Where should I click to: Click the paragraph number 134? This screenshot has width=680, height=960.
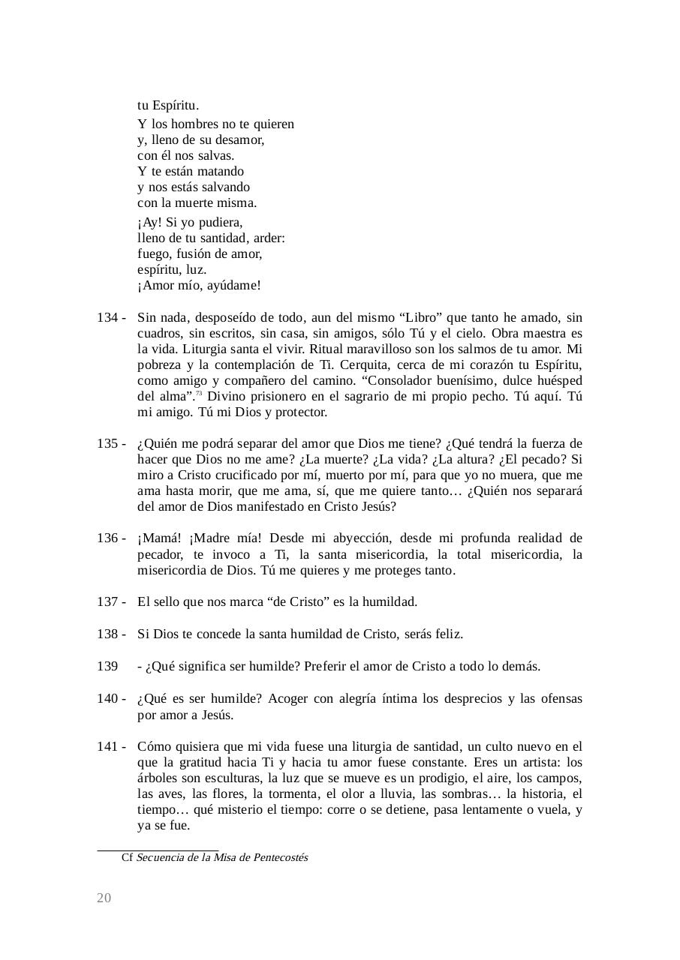click(x=107, y=318)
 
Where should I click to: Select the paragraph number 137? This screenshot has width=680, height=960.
click(x=107, y=602)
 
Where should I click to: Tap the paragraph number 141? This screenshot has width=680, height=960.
click(x=107, y=747)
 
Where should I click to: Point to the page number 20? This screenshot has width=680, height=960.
click(x=104, y=898)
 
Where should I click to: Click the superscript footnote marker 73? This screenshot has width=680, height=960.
click(x=200, y=394)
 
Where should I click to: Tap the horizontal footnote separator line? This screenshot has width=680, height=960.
click(x=157, y=850)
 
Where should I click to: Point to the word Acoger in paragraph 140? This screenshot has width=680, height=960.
click(x=289, y=699)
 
